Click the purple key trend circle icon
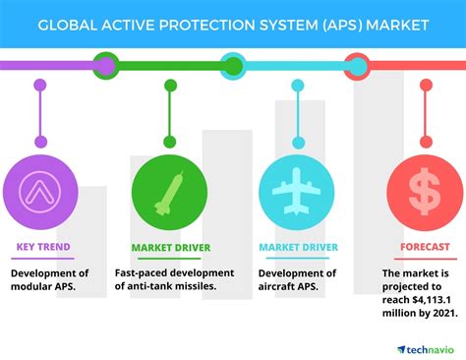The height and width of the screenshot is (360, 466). (39, 189)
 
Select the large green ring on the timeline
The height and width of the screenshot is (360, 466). (105, 66)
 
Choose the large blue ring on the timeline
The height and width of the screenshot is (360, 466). (233, 66)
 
